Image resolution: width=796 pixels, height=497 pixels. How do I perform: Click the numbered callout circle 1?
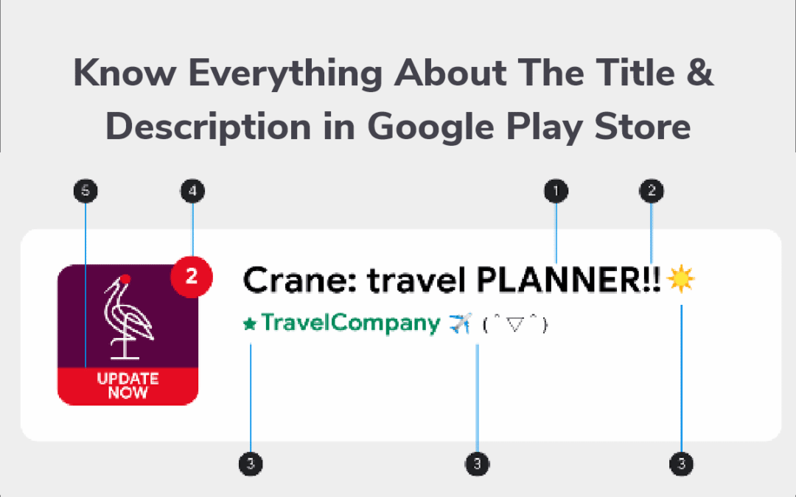pyautogui.click(x=556, y=191)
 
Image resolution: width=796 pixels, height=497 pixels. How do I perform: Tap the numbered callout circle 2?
pyautogui.click(x=652, y=191)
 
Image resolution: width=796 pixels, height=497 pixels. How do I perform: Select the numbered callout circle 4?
pyautogui.click(x=192, y=191)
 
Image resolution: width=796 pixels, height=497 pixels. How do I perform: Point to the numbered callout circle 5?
pyautogui.click(x=85, y=191)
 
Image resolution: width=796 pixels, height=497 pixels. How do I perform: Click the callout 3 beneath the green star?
pyautogui.click(x=251, y=464)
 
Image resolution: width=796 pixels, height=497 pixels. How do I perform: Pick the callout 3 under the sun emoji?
pyautogui.click(x=681, y=464)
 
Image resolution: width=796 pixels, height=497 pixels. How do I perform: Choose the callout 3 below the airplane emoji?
pyautogui.click(x=477, y=464)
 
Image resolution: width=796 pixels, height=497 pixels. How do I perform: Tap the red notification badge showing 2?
pyautogui.click(x=192, y=277)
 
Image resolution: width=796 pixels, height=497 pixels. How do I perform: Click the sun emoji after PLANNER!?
pyautogui.click(x=680, y=279)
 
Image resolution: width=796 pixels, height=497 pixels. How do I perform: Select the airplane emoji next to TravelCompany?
pyautogui.click(x=461, y=323)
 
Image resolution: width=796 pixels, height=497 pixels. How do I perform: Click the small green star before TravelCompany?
pyautogui.click(x=250, y=323)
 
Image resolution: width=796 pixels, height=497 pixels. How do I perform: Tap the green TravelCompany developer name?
pyautogui.click(x=351, y=323)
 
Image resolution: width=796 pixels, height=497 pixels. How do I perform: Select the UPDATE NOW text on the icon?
pyautogui.click(x=128, y=385)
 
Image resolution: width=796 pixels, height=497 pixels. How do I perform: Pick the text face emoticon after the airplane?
pyautogui.click(x=514, y=324)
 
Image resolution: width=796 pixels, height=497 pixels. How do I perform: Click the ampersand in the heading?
pyautogui.click(x=701, y=72)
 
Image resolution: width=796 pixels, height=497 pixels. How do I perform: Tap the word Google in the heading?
pyautogui.click(x=430, y=127)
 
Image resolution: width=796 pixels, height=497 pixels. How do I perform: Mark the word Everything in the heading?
pyautogui.click(x=285, y=74)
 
